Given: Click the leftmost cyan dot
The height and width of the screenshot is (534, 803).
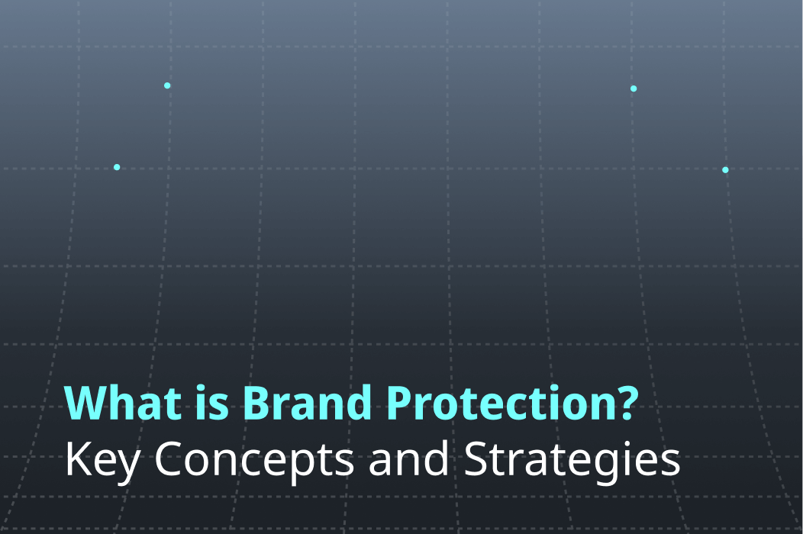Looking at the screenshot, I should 117,167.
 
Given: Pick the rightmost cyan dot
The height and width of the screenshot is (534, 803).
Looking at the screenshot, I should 725,170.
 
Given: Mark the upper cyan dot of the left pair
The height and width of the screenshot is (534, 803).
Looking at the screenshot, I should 167,85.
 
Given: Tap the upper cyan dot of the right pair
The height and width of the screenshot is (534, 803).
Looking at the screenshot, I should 634,88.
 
